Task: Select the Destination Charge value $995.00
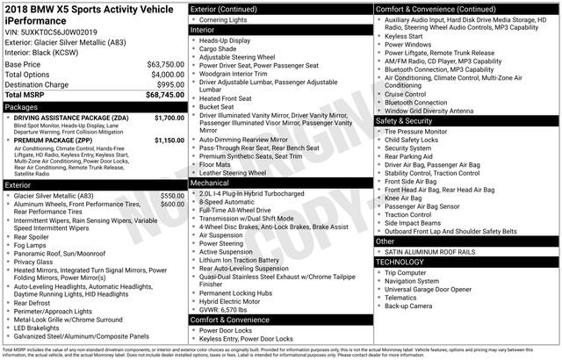click(167, 83)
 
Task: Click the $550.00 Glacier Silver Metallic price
click(171, 195)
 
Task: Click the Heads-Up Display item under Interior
click(225, 40)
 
